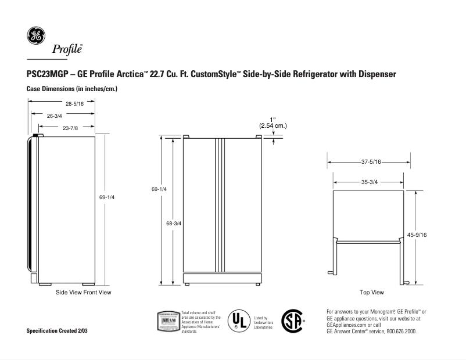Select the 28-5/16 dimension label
click(x=75, y=104)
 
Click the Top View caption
click(x=372, y=292)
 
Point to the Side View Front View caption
click(x=83, y=292)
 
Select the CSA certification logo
click(x=292, y=321)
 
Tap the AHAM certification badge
click(x=167, y=321)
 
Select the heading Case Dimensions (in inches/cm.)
click(x=73, y=89)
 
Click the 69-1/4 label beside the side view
click(x=107, y=197)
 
